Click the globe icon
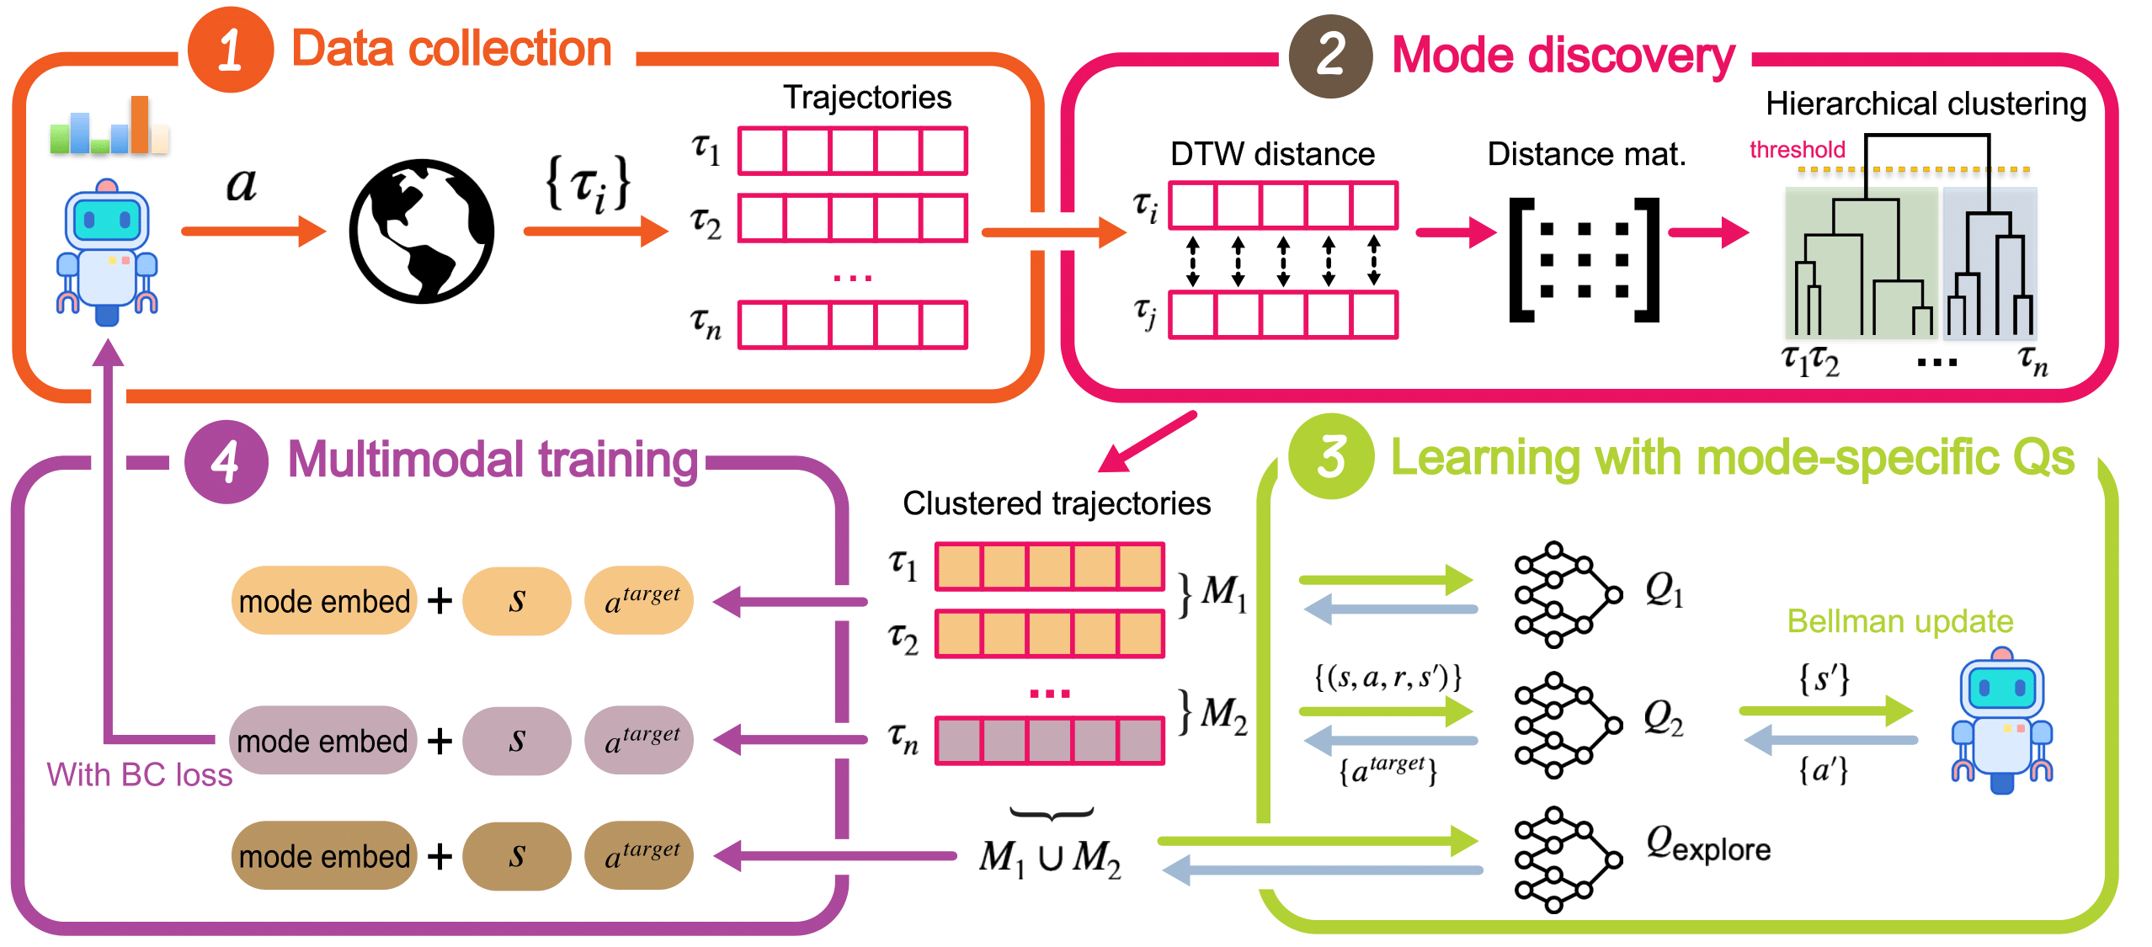click(422, 231)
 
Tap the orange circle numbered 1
click(230, 51)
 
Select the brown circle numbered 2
click(1330, 56)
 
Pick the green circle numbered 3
click(1330, 457)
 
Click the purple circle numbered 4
click(226, 461)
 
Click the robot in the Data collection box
click(107, 253)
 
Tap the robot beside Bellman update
click(2001, 720)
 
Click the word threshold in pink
click(1797, 150)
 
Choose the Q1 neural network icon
click(1567, 594)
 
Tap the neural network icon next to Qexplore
click(1567, 859)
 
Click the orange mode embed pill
click(324, 601)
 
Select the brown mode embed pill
click(324, 856)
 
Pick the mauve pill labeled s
click(517, 741)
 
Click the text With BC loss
click(140, 774)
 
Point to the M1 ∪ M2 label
click(1050, 858)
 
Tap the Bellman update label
click(1899, 621)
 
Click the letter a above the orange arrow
click(242, 184)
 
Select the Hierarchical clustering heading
click(1926, 104)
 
